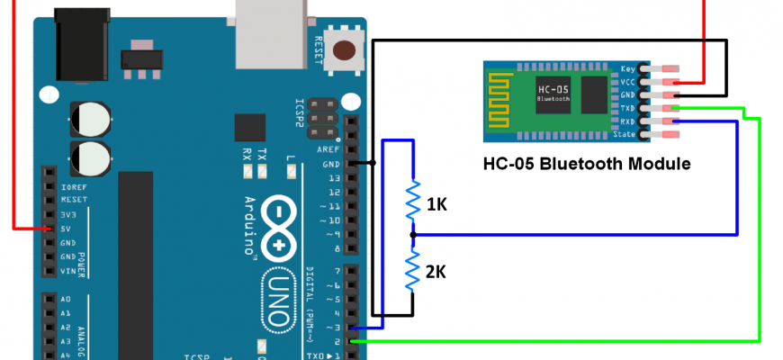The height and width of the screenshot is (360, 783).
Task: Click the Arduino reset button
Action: [x=343, y=51]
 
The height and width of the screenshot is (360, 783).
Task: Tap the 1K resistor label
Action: [x=436, y=205]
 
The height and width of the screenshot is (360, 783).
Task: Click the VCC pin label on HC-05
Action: [x=627, y=82]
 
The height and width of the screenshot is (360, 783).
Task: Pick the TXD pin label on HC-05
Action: [x=627, y=108]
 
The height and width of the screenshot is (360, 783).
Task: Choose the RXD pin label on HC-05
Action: [x=627, y=121]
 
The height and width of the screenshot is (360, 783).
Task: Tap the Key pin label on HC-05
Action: [x=629, y=68]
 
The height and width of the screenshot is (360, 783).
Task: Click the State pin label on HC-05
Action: [x=625, y=135]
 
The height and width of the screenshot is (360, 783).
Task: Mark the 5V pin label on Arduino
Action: [x=67, y=229]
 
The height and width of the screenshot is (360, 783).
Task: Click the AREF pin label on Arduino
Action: [x=328, y=149]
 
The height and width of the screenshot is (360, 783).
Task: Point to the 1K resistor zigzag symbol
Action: [x=412, y=202]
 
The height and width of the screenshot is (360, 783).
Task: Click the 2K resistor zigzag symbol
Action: [x=412, y=269]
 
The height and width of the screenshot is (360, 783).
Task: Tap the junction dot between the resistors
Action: [x=412, y=235]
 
